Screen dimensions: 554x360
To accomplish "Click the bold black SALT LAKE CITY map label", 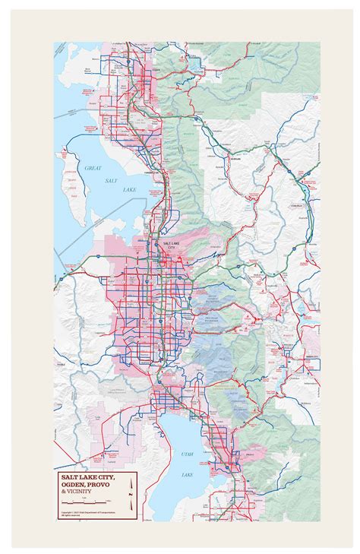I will click(165, 245).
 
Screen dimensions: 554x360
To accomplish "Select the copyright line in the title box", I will click(87, 513).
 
